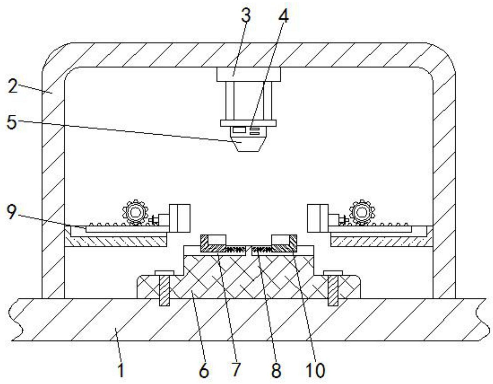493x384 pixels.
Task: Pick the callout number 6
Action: coord(204,371)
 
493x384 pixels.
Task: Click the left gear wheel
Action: coord(135,212)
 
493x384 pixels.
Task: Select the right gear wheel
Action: coord(362,212)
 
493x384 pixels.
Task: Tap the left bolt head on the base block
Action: coord(164,273)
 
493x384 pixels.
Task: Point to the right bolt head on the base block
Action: coord(333,273)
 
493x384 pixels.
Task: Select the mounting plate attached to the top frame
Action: coord(249,74)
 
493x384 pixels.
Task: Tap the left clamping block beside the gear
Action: coord(180,218)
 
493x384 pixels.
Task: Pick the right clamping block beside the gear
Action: coord(318,218)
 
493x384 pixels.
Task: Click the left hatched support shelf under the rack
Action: coord(116,241)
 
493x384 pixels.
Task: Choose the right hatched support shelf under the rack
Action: coord(382,241)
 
